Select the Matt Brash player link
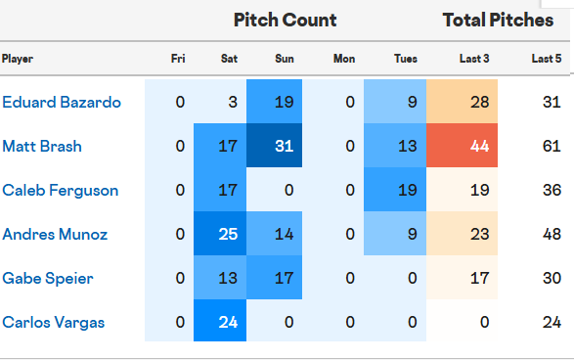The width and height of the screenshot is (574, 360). tap(41, 146)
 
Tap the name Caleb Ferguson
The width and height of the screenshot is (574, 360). tap(60, 190)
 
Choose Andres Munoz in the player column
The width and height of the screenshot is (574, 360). tap(54, 234)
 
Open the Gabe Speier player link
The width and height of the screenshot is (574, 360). tap(48, 278)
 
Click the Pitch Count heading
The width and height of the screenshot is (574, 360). tap(285, 20)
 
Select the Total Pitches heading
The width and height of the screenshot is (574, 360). tap(498, 20)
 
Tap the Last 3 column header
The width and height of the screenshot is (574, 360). tap(474, 59)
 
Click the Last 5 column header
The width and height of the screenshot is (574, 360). tap(546, 59)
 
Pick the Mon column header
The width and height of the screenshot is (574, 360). tap(344, 59)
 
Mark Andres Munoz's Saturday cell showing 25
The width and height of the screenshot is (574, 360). tap(229, 234)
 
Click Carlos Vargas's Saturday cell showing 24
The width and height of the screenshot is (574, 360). tap(229, 322)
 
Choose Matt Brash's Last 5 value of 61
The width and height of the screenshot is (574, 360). tap(551, 146)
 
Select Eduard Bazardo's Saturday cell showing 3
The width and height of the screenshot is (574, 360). tap(229, 102)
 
